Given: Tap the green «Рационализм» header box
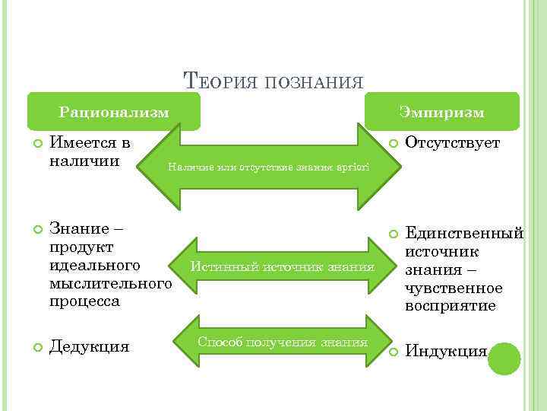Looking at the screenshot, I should click(x=114, y=112).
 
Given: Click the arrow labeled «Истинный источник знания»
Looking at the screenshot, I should click(x=282, y=267).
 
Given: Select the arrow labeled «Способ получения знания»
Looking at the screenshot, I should click(x=282, y=342).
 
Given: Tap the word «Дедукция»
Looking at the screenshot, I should click(x=89, y=347).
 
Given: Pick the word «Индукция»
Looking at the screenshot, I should click(x=446, y=351).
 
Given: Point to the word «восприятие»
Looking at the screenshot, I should click(x=451, y=305).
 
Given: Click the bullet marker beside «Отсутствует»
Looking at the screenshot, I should click(x=392, y=142).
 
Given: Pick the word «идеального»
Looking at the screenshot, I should click(x=94, y=266).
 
